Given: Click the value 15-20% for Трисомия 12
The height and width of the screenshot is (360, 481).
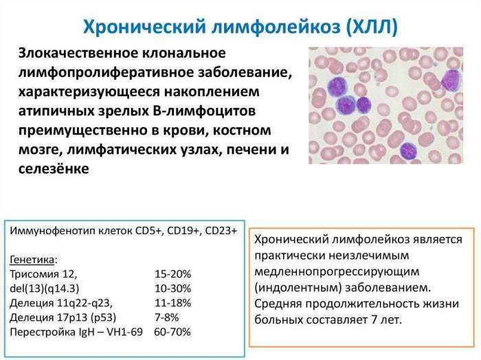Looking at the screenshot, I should point(173,273).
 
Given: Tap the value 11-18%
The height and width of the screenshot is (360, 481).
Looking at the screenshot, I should point(173,303).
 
